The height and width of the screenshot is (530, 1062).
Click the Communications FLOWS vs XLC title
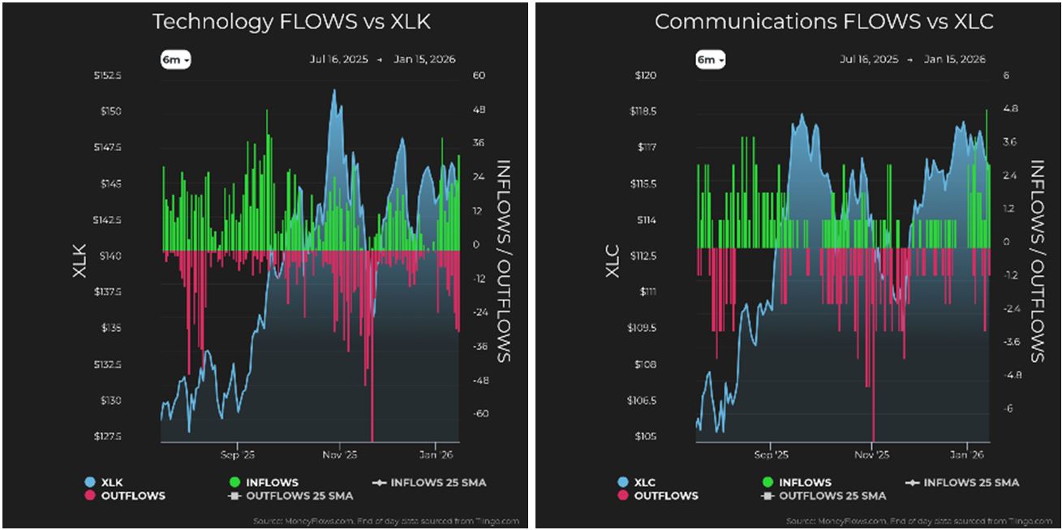click(823, 22)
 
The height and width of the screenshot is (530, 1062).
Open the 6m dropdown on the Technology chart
click(175, 60)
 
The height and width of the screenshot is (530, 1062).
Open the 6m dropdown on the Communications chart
click(710, 60)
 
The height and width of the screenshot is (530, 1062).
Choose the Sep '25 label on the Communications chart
click(771, 455)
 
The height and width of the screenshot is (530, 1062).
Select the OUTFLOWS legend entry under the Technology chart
click(131, 495)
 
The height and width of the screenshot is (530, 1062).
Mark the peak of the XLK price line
click(333, 90)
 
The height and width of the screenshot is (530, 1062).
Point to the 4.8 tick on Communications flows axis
click(1010, 109)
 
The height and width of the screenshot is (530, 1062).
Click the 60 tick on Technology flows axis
click(478, 75)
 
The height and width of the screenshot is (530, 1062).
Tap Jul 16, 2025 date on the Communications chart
click(869, 60)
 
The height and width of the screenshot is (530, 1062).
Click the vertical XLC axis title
click(613, 261)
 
